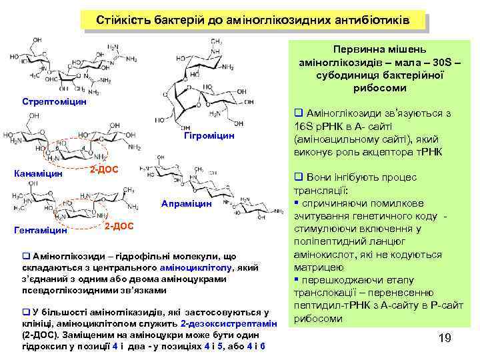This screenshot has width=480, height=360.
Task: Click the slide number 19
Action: [x=445, y=339]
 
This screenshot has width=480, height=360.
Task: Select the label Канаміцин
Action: [x=39, y=174]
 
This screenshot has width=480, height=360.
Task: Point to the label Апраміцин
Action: [x=187, y=203]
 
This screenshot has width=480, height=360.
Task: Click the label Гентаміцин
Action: [x=41, y=231]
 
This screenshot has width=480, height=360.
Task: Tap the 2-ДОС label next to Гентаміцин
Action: [x=119, y=227]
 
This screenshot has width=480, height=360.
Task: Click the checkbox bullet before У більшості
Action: [x=26, y=312]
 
